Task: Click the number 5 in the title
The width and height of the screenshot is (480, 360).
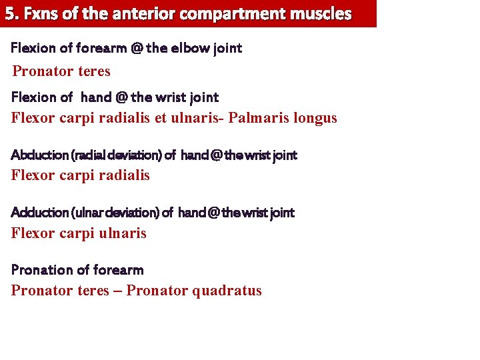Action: click(10, 13)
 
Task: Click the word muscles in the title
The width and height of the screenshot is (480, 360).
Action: click(322, 13)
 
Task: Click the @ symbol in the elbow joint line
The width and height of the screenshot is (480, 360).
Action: click(138, 48)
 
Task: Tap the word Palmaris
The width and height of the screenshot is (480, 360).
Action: click(259, 118)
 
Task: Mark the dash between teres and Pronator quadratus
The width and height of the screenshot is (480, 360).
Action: click(118, 291)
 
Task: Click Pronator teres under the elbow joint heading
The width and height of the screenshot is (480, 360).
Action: click(61, 71)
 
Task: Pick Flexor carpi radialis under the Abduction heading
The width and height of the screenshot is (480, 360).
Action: click(81, 176)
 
